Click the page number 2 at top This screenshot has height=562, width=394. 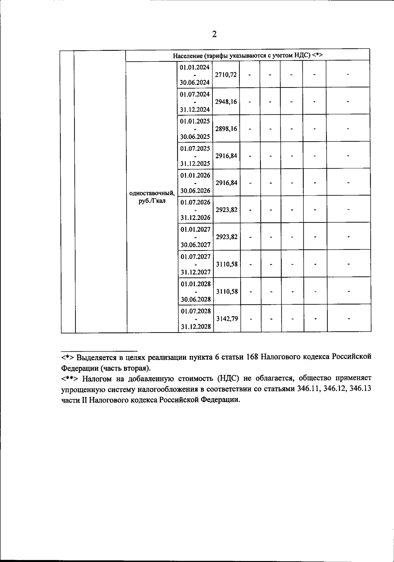tap(214, 35)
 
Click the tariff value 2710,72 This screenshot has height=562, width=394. tap(226, 75)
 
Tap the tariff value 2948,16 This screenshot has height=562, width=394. tap(226, 102)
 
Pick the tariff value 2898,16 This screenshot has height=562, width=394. tap(226, 129)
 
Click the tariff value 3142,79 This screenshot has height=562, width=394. tap(227, 318)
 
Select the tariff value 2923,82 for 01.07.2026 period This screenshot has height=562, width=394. tap(227, 210)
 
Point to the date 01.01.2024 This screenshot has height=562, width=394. tap(195, 67)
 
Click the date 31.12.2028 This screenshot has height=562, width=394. tap(196, 327)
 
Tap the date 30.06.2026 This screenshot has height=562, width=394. tap(195, 191)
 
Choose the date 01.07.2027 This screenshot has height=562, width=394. tap(196, 256)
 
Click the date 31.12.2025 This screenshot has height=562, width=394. tap(195, 163)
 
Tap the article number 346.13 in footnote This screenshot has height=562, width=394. tap(361, 389)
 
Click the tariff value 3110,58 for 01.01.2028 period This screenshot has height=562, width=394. tap(227, 292)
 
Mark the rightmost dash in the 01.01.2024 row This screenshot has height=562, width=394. tap(348, 75)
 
